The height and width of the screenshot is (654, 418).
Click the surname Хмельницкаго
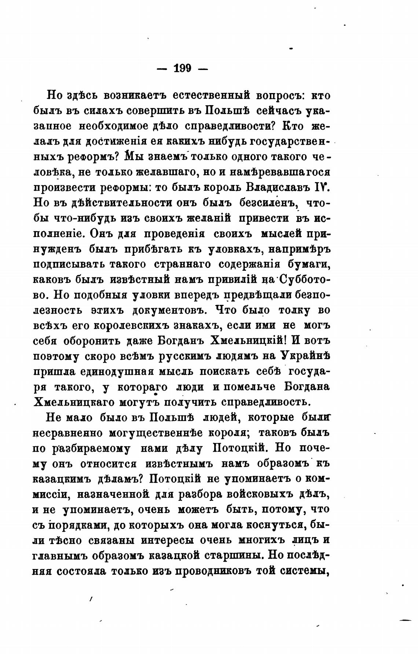(73, 402)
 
